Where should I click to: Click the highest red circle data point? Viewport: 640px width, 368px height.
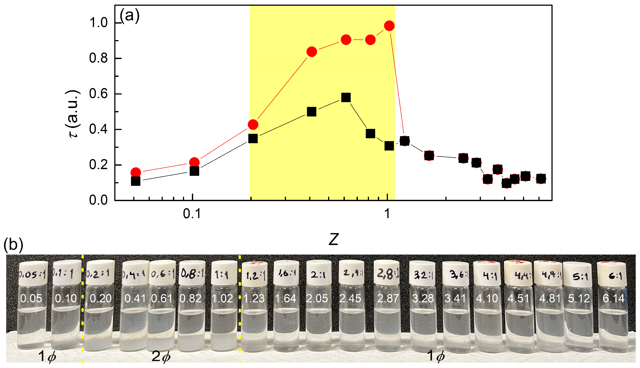(389, 26)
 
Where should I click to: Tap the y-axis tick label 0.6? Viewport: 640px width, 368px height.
(98, 94)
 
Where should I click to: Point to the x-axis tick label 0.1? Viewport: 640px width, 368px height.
(192, 214)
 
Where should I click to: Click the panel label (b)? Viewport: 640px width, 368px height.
(13, 245)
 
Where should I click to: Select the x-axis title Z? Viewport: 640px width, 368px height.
(334, 239)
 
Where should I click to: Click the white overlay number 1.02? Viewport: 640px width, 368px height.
(222, 298)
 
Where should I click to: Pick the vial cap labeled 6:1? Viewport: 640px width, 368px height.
(612, 275)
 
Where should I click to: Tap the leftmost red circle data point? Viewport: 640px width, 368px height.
(136, 173)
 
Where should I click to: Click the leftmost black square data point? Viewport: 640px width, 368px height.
(136, 181)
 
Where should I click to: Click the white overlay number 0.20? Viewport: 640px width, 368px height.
(100, 298)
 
